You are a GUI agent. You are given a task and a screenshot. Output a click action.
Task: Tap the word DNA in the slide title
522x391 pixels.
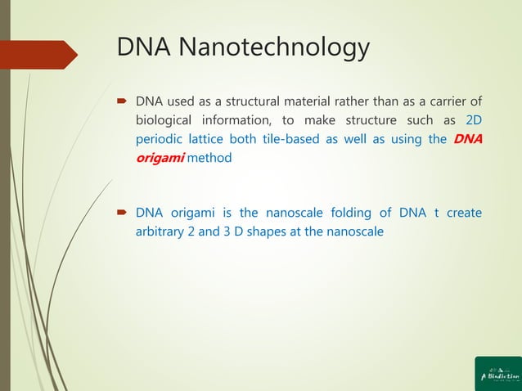click(x=143, y=47)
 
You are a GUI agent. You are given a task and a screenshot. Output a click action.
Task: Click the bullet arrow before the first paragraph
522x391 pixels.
click(x=122, y=102)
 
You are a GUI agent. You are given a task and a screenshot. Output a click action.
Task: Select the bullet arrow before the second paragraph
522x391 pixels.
click(x=122, y=213)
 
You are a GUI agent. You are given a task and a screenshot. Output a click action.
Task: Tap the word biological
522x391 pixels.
click(x=166, y=121)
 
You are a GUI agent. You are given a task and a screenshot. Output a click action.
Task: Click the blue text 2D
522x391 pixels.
click(x=473, y=121)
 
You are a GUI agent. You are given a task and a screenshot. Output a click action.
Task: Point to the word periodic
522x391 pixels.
click(x=161, y=139)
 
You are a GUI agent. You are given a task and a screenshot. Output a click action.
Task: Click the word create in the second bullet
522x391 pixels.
click(x=463, y=213)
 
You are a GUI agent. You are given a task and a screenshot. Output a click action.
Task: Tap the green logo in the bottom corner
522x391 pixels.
click(x=497, y=374)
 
